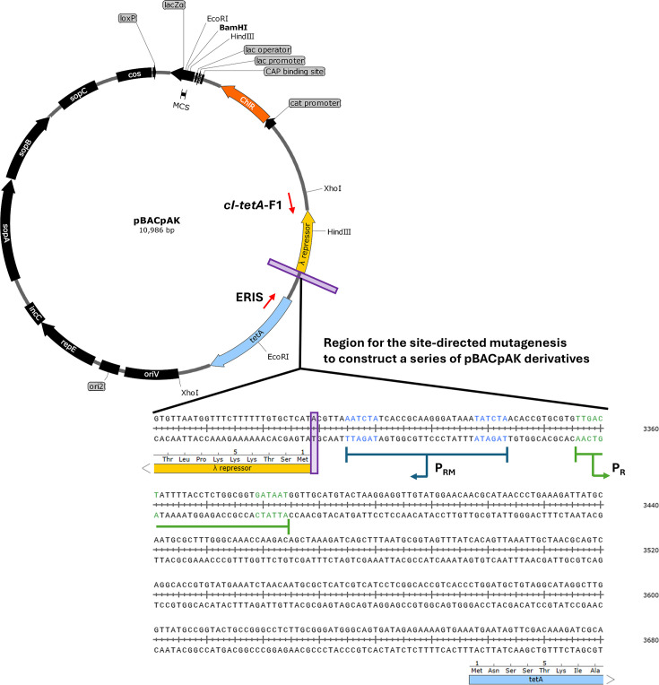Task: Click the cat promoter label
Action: [315, 103]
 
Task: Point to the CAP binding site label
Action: [294, 72]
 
